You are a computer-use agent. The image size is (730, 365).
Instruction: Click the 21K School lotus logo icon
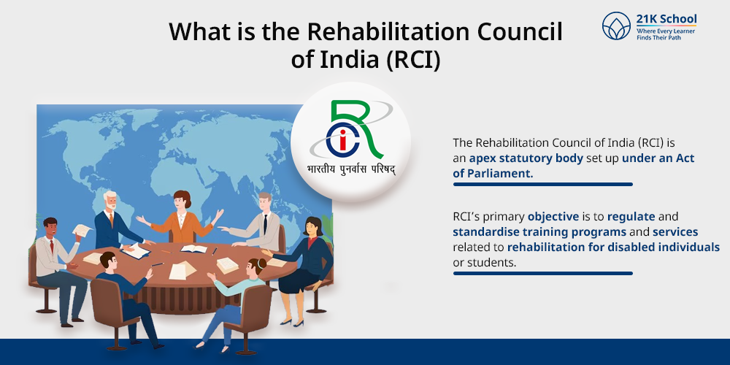[x=616, y=26]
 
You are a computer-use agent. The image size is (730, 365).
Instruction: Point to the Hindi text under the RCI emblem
[x=351, y=169]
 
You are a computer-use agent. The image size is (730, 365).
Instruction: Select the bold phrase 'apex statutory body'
[x=526, y=158]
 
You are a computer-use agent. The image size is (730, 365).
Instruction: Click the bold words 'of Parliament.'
[x=493, y=173]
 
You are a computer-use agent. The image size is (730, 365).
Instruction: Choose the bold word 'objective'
[x=553, y=217]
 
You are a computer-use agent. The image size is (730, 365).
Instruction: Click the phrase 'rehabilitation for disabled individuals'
[x=614, y=247]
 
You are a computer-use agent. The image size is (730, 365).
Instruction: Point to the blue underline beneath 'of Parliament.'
[x=543, y=185]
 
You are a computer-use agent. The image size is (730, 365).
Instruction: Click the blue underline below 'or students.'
[x=543, y=273]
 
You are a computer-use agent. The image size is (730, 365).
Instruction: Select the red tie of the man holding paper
[x=52, y=246]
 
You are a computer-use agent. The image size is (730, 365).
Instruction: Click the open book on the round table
[x=193, y=249]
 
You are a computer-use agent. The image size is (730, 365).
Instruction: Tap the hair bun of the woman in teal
[x=262, y=264]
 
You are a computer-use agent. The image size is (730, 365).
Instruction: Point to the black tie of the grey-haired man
[x=265, y=224]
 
